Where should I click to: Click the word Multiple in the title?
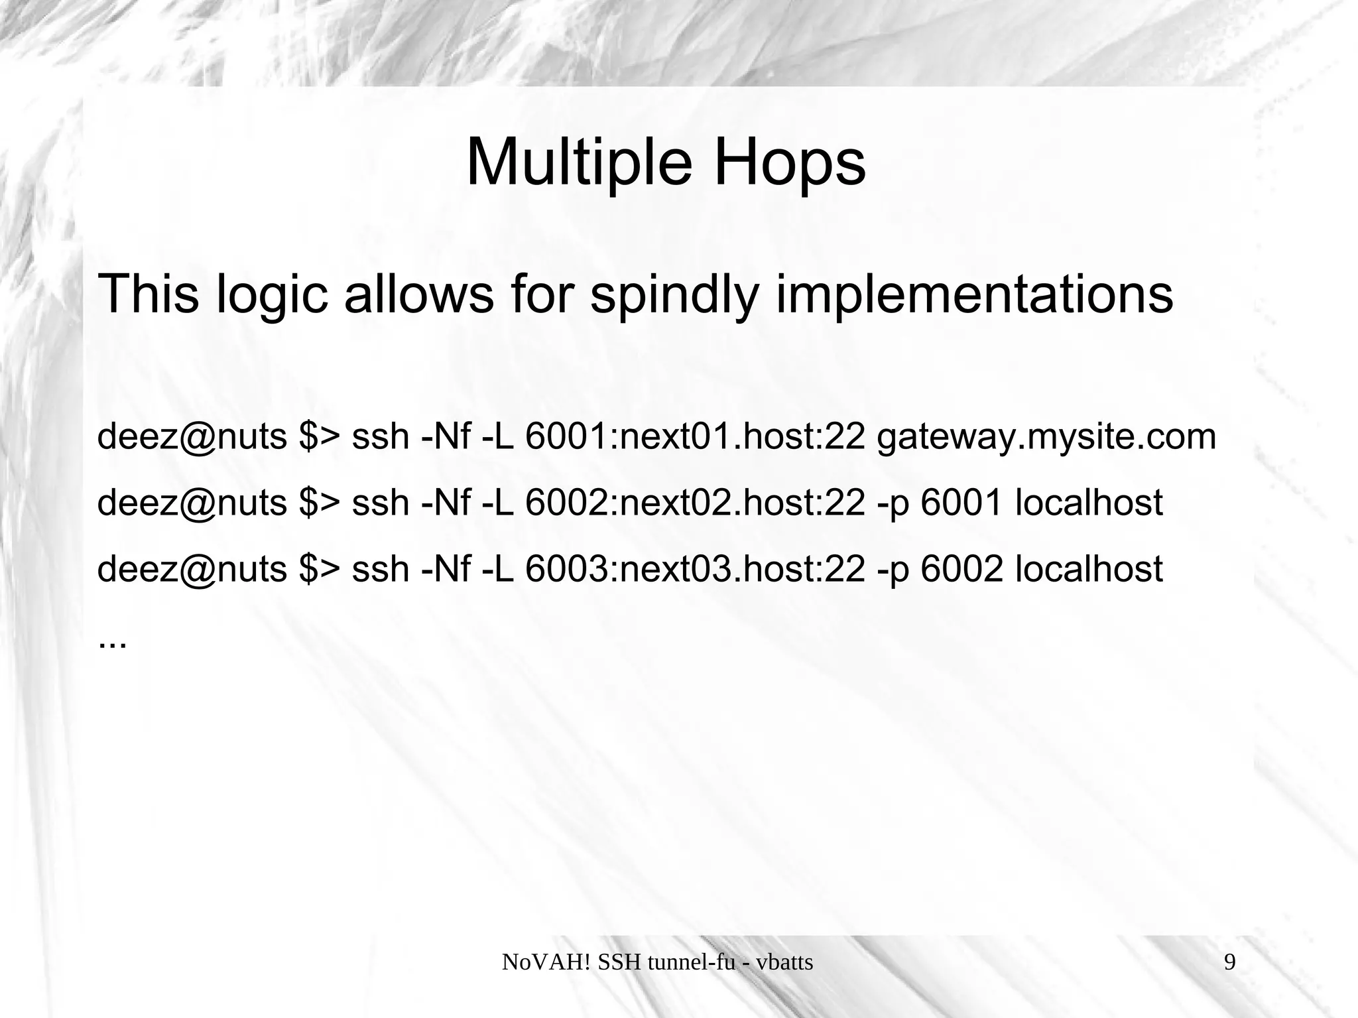(573, 162)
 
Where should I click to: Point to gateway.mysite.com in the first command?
(1046, 437)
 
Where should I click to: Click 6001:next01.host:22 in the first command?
(695, 437)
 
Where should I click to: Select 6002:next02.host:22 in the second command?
(695, 503)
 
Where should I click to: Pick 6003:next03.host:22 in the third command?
(695, 569)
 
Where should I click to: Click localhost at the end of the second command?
(1089, 503)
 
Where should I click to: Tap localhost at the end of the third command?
(1089, 569)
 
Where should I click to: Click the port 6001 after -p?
(961, 503)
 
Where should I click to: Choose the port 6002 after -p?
(961, 569)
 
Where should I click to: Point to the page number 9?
(1229, 962)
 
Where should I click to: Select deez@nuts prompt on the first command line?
(192, 437)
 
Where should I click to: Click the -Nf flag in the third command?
(446, 569)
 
